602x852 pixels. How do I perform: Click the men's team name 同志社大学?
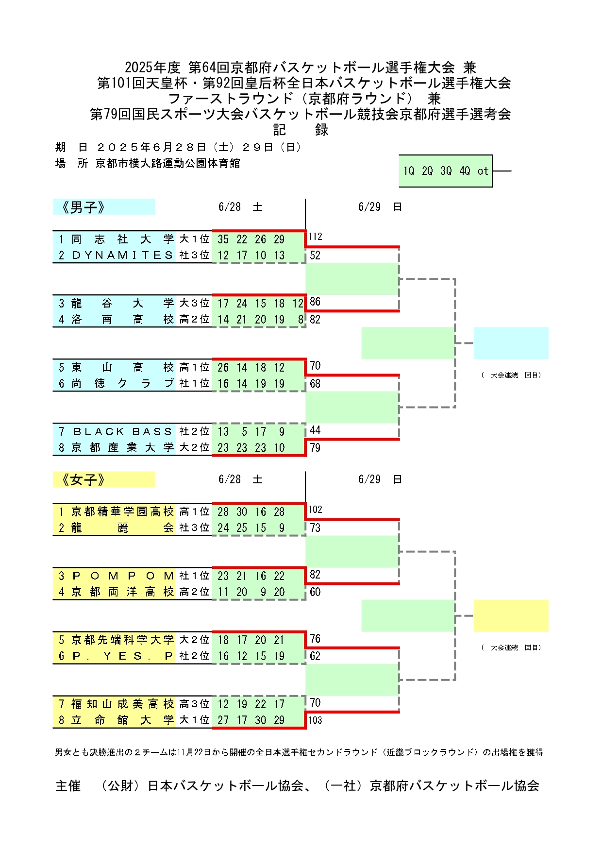pyautogui.click(x=122, y=239)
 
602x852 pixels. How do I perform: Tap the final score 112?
pyautogui.click(x=315, y=237)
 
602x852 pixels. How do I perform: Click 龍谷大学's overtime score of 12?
pyautogui.click(x=298, y=303)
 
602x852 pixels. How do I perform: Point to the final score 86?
pyautogui.click(x=315, y=301)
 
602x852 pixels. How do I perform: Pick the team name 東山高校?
pyautogui.click(x=122, y=367)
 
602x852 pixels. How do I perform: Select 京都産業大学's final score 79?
pyautogui.click(x=315, y=447)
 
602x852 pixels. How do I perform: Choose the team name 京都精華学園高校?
pyautogui.click(x=122, y=511)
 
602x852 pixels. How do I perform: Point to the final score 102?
pyautogui.click(x=315, y=510)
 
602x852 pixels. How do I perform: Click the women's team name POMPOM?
pyautogui.click(x=122, y=576)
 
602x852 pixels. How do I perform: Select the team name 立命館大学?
pyautogui.click(x=122, y=720)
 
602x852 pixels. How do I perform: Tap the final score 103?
pyautogui.click(x=315, y=720)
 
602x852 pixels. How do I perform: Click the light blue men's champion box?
pyautogui.click(x=511, y=343)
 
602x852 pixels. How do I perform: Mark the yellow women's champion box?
pyautogui.click(x=511, y=615)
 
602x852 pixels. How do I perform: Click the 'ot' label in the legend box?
pyautogui.click(x=483, y=171)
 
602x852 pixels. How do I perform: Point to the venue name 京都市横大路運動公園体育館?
pyautogui.click(x=168, y=163)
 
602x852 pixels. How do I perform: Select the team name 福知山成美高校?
pyautogui.click(x=122, y=704)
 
